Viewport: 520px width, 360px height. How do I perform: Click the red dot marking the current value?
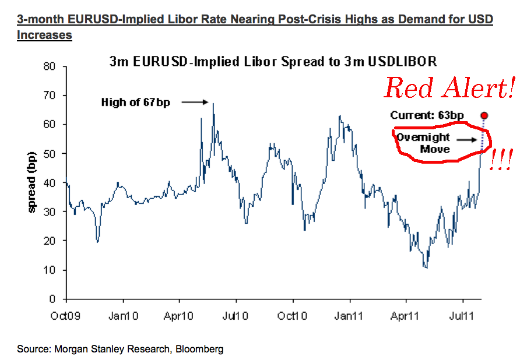[x=484, y=115]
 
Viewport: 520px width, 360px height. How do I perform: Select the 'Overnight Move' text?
[x=424, y=143]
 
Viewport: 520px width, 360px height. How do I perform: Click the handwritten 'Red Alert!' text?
[x=449, y=89]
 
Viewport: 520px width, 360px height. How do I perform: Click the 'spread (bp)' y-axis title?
[x=33, y=182]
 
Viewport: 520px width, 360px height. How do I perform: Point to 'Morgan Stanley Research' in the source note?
[x=103, y=349]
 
